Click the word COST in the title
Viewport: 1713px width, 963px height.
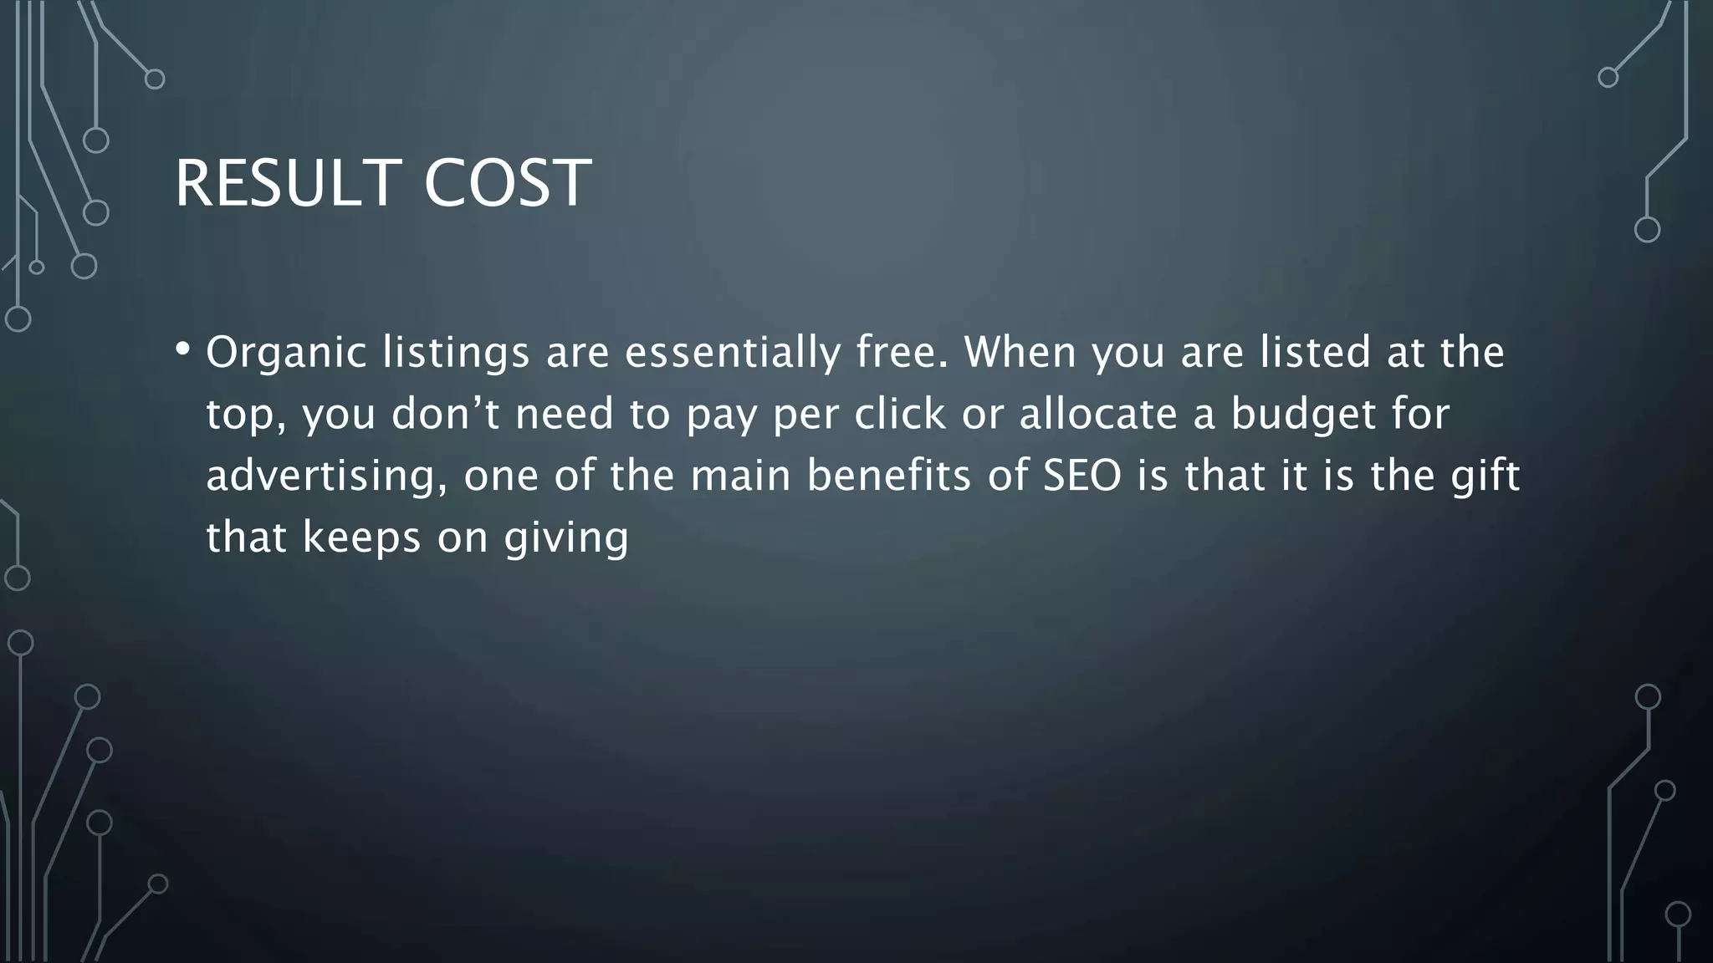(508, 183)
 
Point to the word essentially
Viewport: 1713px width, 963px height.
(732, 353)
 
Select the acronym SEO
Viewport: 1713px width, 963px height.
(1081, 476)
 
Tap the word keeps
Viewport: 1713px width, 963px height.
(361, 538)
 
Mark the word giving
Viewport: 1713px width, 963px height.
(566, 538)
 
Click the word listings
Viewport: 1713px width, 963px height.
(456, 353)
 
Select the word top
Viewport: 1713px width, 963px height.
(245, 415)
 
